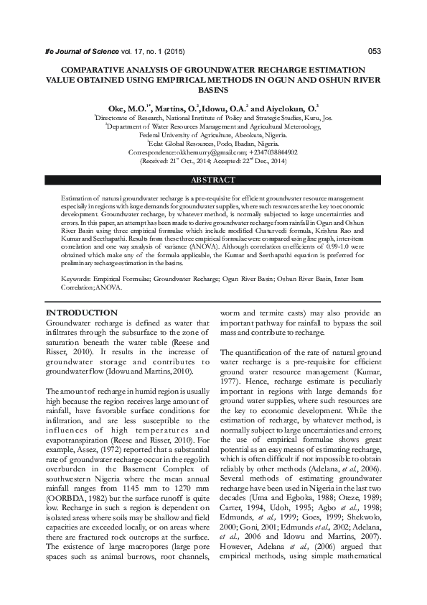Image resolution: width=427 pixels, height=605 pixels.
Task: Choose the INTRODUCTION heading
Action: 81,313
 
